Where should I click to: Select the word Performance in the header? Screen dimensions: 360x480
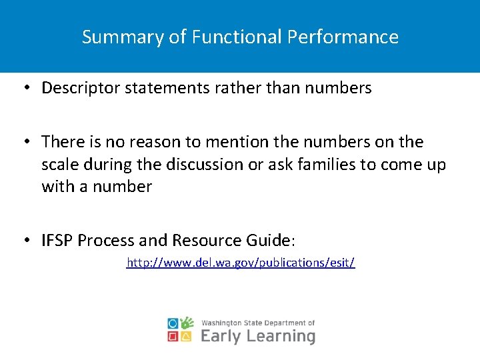tap(343, 37)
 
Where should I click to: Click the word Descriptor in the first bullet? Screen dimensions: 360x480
tap(77, 88)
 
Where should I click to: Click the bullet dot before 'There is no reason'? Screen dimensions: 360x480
tap(25, 142)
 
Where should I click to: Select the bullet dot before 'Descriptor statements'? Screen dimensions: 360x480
tap(25, 88)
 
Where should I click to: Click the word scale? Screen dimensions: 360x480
tap(59, 164)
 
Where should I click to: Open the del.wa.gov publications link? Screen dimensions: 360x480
tap(241, 263)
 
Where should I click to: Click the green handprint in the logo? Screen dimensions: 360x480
tap(187, 323)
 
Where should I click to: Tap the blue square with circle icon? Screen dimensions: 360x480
tap(173, 323)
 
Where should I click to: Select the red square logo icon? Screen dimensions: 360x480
tap(173, 337)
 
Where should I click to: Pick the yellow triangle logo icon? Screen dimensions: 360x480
tap(187, 337)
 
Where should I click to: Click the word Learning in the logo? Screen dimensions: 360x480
tap(281, 336)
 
